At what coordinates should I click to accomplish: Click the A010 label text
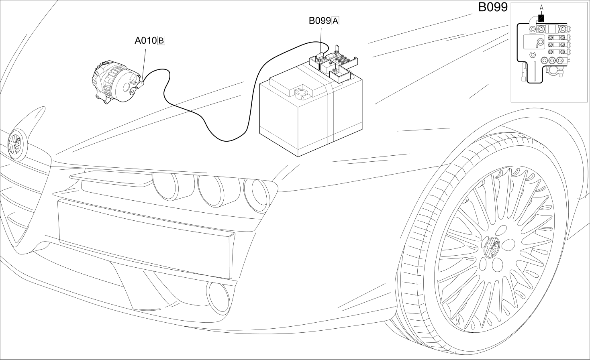point(146,41)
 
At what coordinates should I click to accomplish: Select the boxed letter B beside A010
point(161,41)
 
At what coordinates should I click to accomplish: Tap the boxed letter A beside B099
point(335,20)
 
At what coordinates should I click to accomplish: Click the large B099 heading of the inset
point(493,7)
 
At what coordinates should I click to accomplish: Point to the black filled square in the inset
point(541,18)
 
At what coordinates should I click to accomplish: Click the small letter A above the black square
point(541,8)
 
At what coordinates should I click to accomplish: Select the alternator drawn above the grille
point(116,81)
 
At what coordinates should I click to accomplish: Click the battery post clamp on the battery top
point(302,94)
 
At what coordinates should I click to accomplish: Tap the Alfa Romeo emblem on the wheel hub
point(492,248)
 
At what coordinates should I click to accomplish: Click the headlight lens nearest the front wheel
point(257,195)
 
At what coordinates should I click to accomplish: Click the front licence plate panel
point(146,238)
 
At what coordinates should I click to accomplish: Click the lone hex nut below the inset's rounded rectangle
point(533,55)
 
